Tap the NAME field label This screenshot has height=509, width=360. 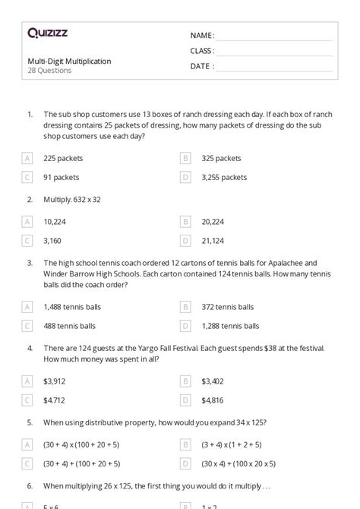tap(202, 36)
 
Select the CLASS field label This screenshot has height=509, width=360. tap(202, 51)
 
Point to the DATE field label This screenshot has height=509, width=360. tap(201, 66)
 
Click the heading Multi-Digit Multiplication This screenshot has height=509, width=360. tap(69, 61)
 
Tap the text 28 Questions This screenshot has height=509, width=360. tap(49, 71)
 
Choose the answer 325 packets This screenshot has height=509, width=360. tap(221, 159)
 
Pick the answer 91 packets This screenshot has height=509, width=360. tap(62, 177)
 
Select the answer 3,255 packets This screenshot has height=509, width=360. tap(224, 177)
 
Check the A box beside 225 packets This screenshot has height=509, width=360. tap(27, 159)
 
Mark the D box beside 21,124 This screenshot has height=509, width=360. tap(185, 241)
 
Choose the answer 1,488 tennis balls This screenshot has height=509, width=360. tap(72, 307)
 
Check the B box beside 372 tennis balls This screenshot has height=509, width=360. tap(185, 307)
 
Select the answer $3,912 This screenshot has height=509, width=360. tap(55, 381)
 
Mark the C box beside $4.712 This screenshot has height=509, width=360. tap(27, 400)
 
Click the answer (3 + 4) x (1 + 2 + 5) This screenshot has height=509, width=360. tap(232, 444)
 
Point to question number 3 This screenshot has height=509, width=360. tap(30, 262)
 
